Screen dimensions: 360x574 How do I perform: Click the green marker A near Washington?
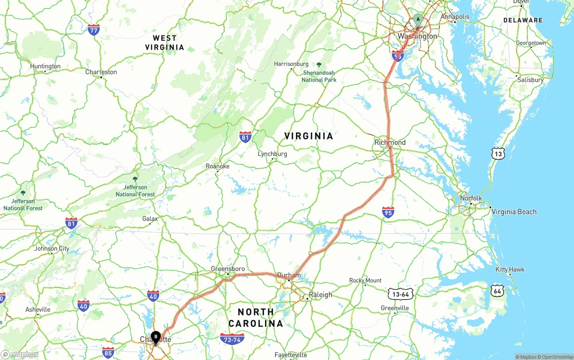click(418, 20)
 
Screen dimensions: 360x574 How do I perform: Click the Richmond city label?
click(390, 142)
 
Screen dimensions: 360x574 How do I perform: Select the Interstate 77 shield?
click(94, 30)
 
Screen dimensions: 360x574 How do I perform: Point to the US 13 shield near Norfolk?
click(498, 154)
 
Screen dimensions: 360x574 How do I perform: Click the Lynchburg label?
click(272, 154)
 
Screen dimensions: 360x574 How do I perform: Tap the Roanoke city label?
click(217, 166)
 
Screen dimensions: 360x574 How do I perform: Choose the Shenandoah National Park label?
click(319, 76)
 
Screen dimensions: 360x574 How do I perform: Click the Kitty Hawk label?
click(510, 269)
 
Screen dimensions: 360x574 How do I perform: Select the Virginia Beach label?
click(514, 212)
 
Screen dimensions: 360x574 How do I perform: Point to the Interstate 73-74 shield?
click(232, 339)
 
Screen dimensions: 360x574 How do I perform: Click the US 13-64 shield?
click(400, 294)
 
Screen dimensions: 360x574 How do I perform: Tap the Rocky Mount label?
click(365, 281)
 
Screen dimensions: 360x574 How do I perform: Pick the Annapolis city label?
click(455, 17)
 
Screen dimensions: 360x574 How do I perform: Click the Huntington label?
click(45, 66)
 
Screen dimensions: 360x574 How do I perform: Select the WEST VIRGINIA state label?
click(165, 43)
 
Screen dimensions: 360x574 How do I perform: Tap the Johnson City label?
click(52, 248)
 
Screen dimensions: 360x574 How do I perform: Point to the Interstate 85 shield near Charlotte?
click(108, 352)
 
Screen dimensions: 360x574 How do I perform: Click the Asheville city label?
click(38, 309)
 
